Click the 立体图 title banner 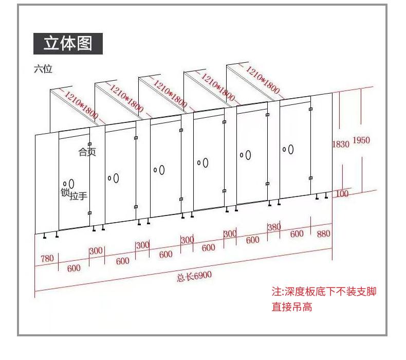tap(68, 44)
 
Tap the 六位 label tap(43, 69)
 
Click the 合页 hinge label tap(87, 152)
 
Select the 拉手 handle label tap(78, 195)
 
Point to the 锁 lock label tap(65, 192)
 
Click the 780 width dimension tap(47, 258)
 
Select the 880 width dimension tap(323, 234)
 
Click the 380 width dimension tap(274, 227)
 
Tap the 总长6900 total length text tap(194, 276)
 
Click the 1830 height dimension tap(341, 144)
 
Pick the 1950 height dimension tap(361, 140)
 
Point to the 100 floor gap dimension tap(342, 193)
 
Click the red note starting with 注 tap(324, 299)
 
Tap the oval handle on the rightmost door tap(291, 150)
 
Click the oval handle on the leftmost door tap(71, 184)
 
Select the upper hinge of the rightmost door tap(310, 109)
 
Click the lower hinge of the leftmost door tap(89, 213)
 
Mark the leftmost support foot tap(45, 236)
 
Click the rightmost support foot tap(326, 196)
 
